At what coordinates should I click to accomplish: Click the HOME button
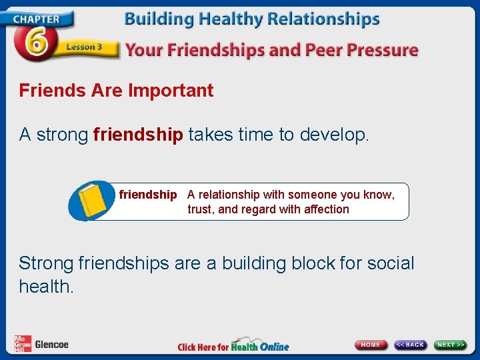coord(371,345)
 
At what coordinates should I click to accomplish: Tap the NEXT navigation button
coord(451,345)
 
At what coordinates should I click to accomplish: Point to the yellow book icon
coord(93,199)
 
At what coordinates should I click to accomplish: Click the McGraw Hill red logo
coord(23,344)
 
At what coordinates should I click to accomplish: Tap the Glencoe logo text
coord(51,345)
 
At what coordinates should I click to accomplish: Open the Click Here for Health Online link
coord(233,346)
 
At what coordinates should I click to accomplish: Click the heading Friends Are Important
coord(116,91)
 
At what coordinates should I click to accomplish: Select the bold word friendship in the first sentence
coord(138,135)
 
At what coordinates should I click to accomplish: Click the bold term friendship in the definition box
coord(148,195)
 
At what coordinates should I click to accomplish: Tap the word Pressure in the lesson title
coord(383,50)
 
